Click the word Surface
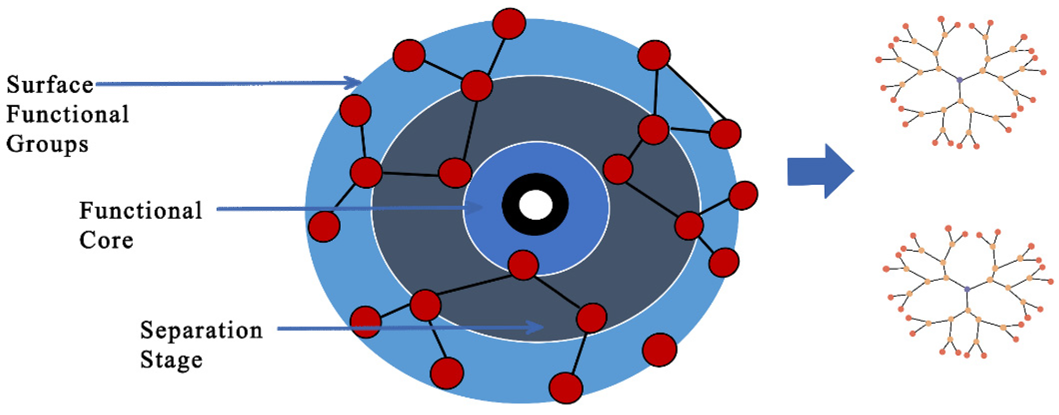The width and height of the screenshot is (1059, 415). point(50,85)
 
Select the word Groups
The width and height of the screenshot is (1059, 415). point(47,145)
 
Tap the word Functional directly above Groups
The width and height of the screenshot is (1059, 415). point(67,115)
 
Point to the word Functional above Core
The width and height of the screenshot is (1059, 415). point(141,210)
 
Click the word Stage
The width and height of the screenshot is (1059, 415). point(171,360)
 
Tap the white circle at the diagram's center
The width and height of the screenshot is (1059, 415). point(535,204)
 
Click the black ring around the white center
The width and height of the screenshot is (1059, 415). point(509,204)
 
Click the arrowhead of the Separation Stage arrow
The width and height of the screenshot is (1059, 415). point(536,328)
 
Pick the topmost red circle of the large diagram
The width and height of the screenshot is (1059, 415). point(509,24)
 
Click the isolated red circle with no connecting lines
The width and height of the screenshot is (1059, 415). point(659,350)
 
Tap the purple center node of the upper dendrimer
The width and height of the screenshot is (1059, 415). point(959,80)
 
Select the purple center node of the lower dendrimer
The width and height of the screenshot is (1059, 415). point(967,289)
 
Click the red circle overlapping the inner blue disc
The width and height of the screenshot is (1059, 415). point(523,265)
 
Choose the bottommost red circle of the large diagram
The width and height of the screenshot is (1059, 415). point(566,388)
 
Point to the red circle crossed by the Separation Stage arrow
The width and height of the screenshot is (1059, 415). point(366,322)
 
